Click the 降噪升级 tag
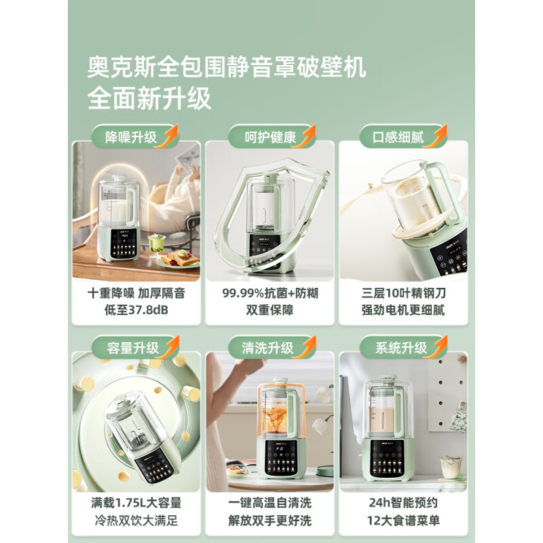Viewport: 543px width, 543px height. tap(132, 137)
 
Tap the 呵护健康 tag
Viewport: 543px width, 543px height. tap(270, 137)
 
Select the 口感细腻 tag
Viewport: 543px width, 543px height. tap(399, 137)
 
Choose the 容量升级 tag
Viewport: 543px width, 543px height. tap(133, 348)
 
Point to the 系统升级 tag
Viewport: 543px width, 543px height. tap(401, 348)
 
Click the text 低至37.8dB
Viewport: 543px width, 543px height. tap(136, 311)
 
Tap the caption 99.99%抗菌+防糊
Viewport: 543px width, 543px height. tap(270, 293)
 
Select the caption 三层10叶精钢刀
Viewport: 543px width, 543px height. tap(403, 293)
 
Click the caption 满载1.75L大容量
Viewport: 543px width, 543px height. tap(136, 504)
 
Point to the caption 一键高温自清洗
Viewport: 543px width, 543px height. tap(270, 504)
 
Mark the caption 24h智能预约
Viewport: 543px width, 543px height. tap(403, 504)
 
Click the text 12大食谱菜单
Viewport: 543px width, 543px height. tap(403, 521)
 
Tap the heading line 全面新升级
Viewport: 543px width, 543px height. tap(149, 99)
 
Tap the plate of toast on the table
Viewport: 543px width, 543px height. tap(178, 258)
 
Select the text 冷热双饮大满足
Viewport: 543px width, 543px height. tap(136, 521)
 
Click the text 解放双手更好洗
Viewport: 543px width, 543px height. tap(270, 521)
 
